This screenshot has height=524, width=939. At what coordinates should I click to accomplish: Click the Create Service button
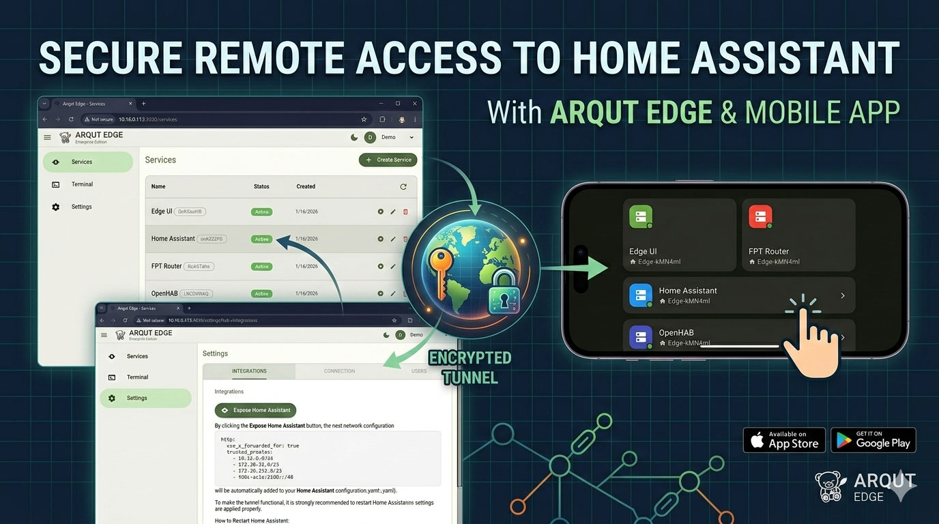[389, 160]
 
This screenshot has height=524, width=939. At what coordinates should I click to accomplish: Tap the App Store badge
[784, 440]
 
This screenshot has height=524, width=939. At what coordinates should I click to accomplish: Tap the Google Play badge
[873, 440]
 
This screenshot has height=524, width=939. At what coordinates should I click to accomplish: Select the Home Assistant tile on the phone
[738, 295]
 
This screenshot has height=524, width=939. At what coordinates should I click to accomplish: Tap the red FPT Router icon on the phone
[760, 218]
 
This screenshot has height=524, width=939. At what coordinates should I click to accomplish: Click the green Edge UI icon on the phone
[641, 218]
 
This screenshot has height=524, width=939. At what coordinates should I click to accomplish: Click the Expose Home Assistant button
[255, 410]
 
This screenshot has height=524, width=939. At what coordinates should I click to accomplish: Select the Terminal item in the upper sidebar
[82, 184]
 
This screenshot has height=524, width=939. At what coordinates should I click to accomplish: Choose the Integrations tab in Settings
[249, 371]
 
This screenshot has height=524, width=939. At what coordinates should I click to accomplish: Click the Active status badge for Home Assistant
[261, 239]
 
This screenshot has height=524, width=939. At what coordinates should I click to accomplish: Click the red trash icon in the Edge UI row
[405, 212]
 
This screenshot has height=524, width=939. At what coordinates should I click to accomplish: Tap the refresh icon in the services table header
[403, 186]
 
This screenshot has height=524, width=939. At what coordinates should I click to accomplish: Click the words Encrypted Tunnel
[470, 367]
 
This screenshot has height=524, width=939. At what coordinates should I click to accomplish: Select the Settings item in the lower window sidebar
[136, 398]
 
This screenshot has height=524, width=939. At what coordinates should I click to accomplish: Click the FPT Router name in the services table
[167, 266]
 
